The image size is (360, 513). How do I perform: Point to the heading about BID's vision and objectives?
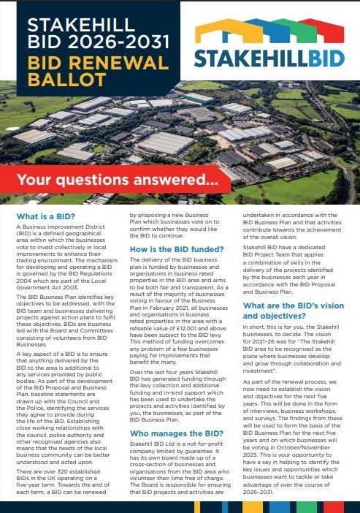290,309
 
